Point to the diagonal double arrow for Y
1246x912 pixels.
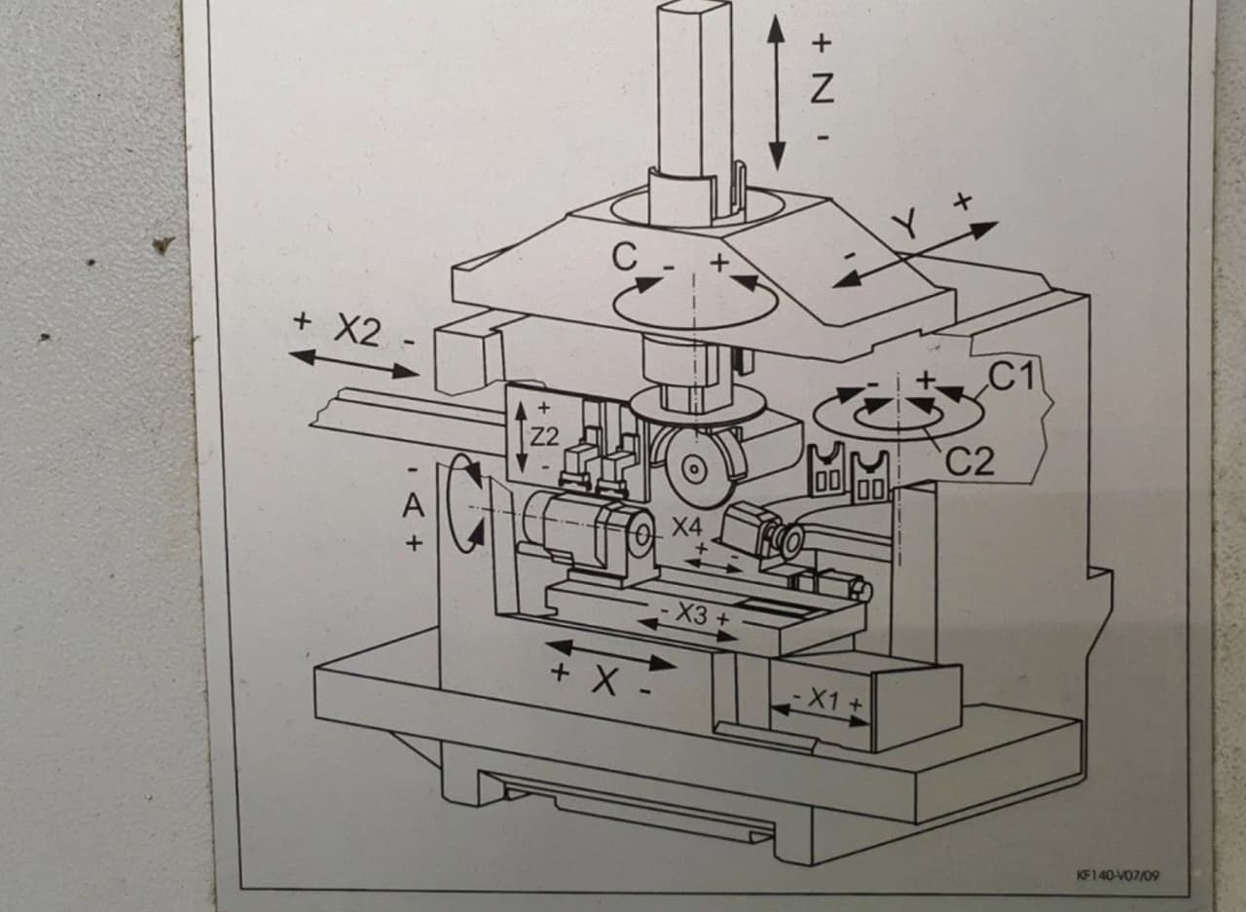pyautogui.click(x=915, y=255)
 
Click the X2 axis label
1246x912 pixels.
pyautogui.click(x=356, y=331)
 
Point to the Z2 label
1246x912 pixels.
pyautogui.click(x=544, y=437)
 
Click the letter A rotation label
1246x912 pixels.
pyautogui.click(x=415, y=505)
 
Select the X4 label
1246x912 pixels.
pyautogui.click(x=686, y=528)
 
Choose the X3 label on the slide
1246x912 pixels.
pyautogui.click(x=692, y=614)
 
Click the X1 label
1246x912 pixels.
pyautogui.click(x=824, y=699)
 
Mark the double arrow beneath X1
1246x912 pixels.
pyautogui.click(x=820, y=715)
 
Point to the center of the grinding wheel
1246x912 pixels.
pyautogui.click(x=692, y=469)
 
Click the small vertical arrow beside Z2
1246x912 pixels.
pyautogui.click(x=523, y=438)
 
